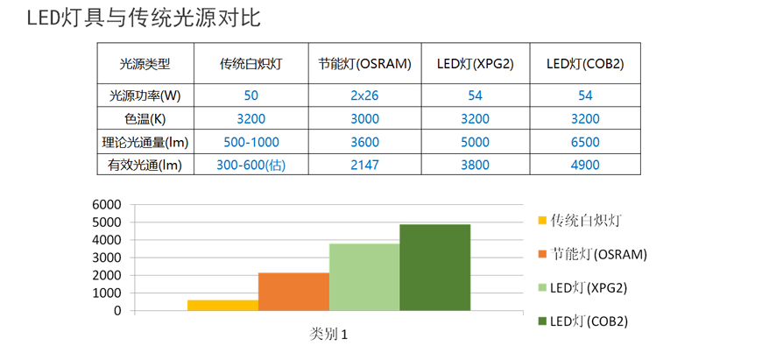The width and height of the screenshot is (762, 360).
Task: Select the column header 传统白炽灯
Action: pyautogui.click(x=251, y=64)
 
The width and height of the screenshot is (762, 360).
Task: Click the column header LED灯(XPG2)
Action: pyautogui.click(x=475, y=64)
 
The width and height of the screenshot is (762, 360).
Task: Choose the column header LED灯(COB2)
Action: pyautogui.click(x=585, y=64)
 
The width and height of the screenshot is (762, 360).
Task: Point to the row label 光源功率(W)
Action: pyautogui.click(x=145, y=95)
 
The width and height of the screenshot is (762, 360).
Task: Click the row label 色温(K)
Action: pyautogui.click(x=145, y=118)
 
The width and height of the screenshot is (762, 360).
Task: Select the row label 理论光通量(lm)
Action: pyautogui.click(x=145, y=141)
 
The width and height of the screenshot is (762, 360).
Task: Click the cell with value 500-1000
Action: pyautogui.click(x=251, y=141)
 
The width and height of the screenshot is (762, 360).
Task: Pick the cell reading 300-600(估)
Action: pyautogui.click(x=251, y=164)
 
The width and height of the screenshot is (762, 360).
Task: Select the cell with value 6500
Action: pyautogui.click(x=585, y=141)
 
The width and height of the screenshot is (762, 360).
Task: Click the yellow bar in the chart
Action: pyautogui.click(x=222, y=305)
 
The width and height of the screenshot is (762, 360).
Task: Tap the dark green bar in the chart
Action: pyautogui.click(x=435, y=267)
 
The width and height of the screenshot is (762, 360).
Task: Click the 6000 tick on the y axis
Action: pyautogui.click(x=106, y=204)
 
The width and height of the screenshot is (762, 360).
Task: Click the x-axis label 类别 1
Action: pyautogui.click(x=329, y=334)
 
